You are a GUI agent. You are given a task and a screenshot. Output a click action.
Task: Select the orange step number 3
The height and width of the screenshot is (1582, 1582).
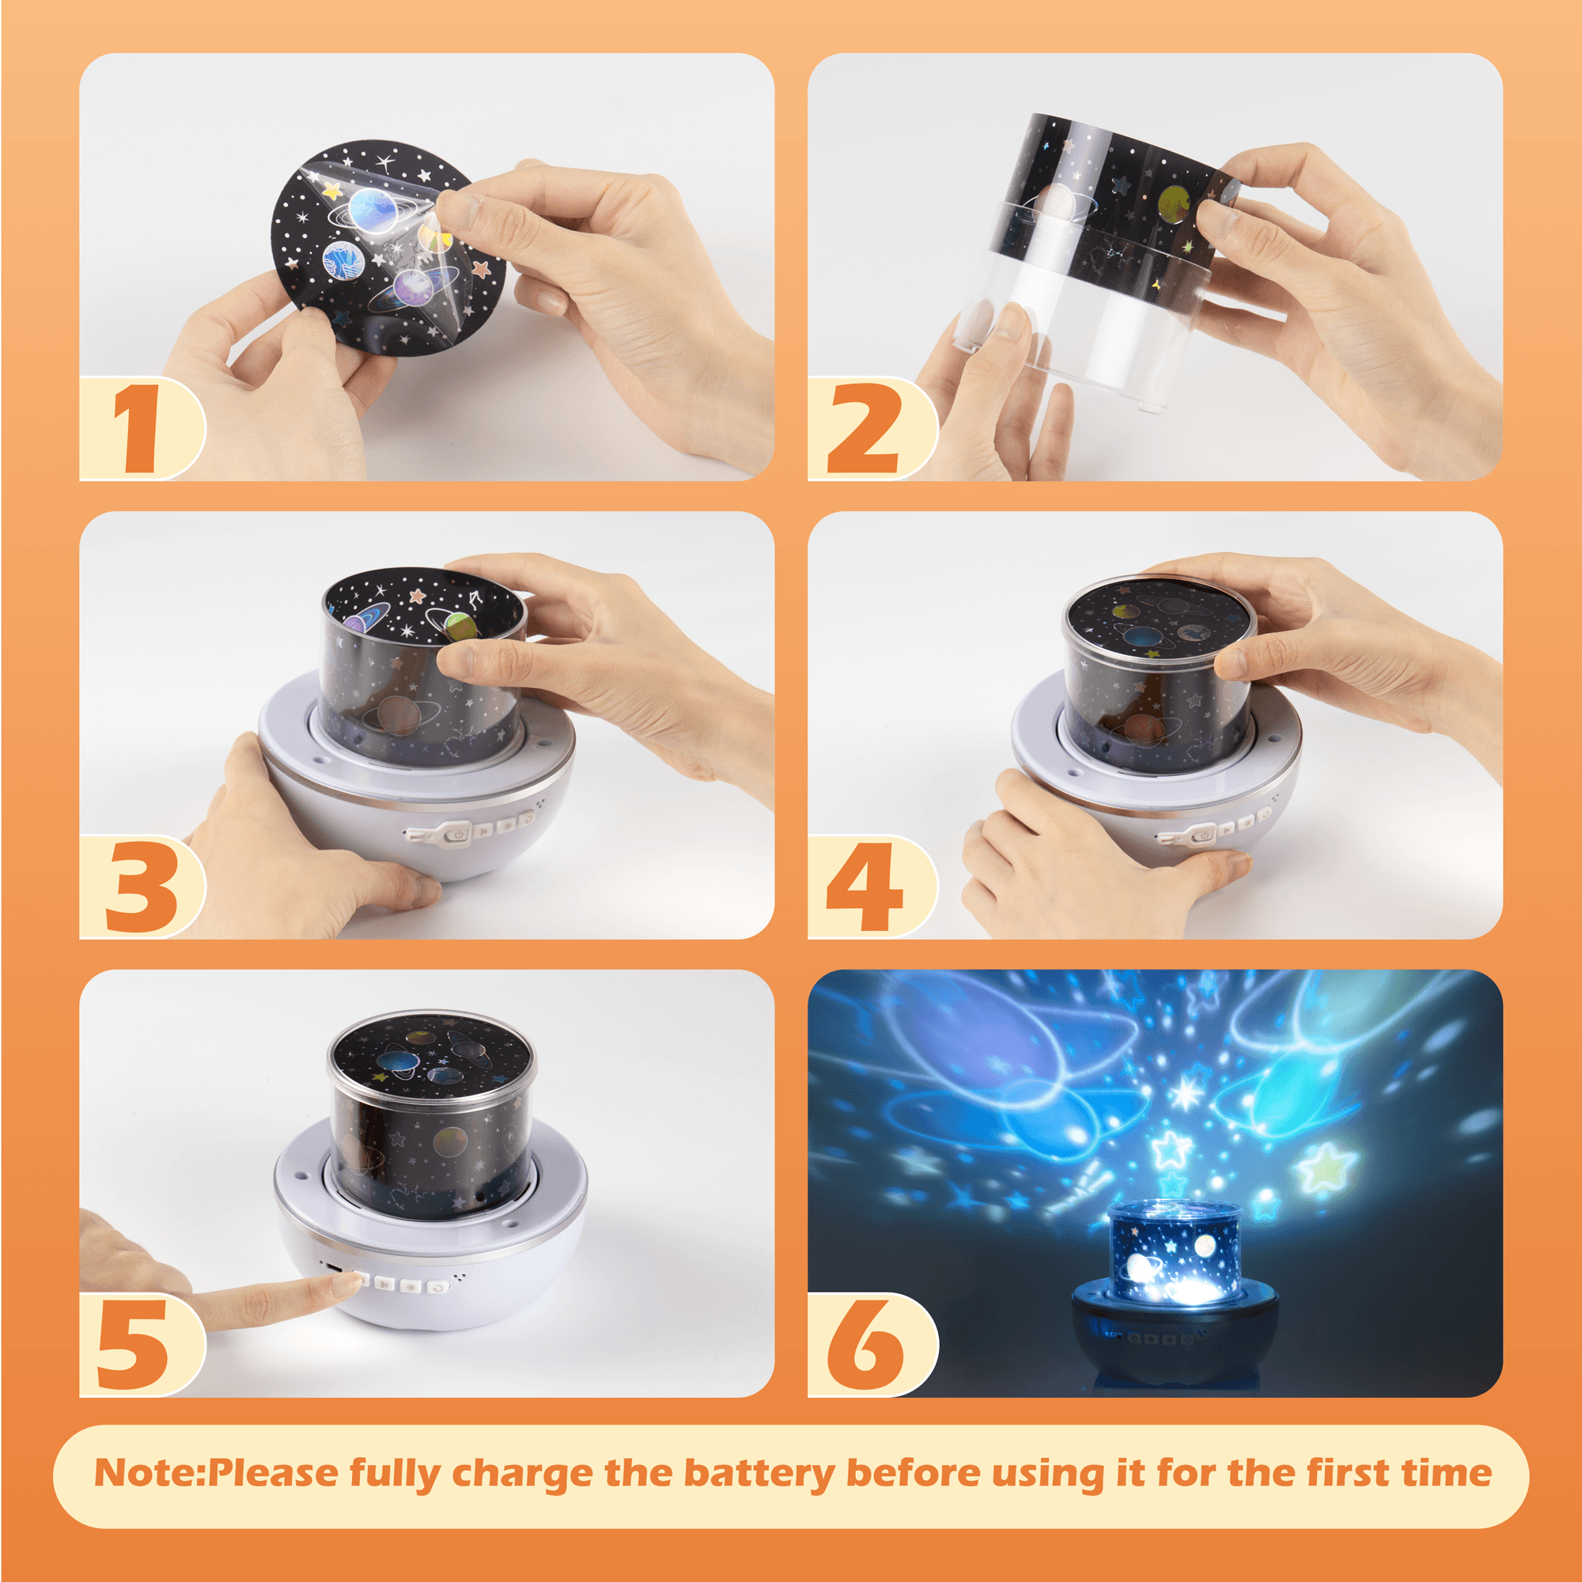pyautogui.click(x=140, y=887)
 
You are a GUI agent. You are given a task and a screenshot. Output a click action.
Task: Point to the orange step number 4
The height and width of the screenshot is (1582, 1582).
pyautogui.click(x=865, y=887)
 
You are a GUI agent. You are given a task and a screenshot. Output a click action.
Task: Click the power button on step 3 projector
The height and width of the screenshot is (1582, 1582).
pyautogui.click(x=460, y=835)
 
